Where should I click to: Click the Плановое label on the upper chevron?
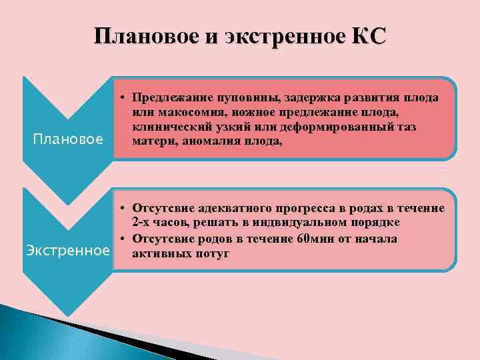click(x=68, y=139)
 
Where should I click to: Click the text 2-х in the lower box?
click(x=144, y=221)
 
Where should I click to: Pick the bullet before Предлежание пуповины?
click(x=124, y=97)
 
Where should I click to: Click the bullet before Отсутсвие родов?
click(x=124, y=239)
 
